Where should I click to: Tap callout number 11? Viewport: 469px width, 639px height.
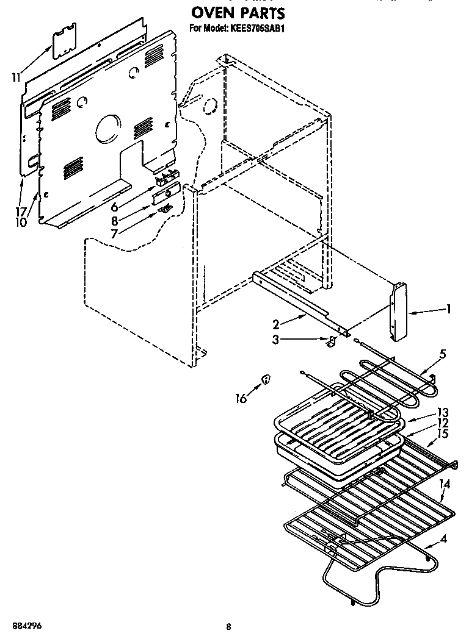[x=16, y=77]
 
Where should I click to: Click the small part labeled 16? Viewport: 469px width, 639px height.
[x=266, y=380]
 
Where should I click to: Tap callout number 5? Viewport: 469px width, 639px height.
[x=443, y=354]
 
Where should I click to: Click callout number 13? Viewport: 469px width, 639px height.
[x=443, y=413]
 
